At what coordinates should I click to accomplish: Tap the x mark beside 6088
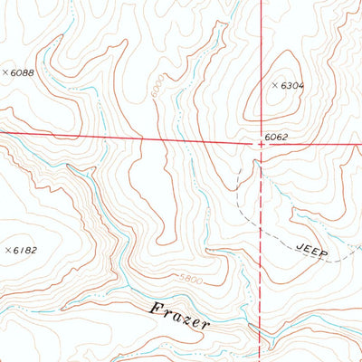pos(5,72)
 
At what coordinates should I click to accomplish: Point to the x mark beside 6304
pos(275,85)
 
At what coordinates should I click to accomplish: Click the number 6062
pos(277,137)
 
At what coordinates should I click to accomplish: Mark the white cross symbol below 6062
pos(262,144)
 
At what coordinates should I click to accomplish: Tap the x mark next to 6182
pos(7,249)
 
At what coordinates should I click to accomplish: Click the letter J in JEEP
pos(298,244)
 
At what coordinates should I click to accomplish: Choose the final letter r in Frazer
pos(206,324)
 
